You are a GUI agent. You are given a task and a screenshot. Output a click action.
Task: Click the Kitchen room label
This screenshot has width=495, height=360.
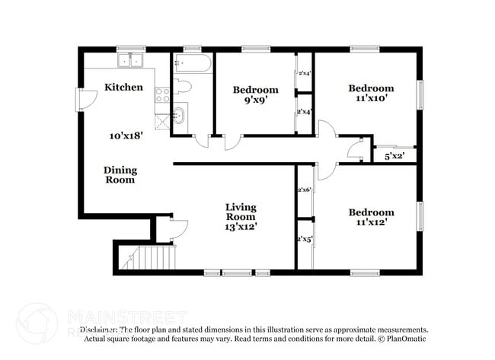point(123,87)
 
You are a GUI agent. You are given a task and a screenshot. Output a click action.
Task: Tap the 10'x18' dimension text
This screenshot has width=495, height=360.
point(126,135)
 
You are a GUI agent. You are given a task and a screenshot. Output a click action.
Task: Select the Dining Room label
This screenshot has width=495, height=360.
point(120,175)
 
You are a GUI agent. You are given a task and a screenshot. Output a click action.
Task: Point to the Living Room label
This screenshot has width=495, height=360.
point(240,211)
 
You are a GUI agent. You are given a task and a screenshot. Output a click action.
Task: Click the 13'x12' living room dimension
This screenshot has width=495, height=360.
point(240,226)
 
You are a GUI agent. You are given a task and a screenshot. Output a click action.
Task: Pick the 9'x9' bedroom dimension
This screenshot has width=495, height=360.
point(255,100)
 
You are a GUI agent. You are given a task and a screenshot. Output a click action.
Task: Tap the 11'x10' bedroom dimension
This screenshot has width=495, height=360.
point(372,98)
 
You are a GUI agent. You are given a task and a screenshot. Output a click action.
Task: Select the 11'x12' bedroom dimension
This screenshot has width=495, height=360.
point(372,223)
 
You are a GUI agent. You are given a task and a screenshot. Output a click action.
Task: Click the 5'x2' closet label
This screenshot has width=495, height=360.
point(394,156)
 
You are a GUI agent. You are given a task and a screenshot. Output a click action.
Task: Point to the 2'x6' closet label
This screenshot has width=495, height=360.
point(305,190)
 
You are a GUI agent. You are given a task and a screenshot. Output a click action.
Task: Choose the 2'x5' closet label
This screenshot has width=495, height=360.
point(305,239)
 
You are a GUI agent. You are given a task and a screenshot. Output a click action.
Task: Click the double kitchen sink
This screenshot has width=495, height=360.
point(132,60)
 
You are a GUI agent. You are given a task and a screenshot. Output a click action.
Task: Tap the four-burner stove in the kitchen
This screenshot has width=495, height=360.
point(162,94)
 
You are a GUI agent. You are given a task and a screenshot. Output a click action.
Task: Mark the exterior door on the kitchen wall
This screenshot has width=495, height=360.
point(81,99)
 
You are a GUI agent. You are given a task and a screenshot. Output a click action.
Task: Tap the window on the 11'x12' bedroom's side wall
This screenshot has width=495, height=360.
point(418,215)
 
